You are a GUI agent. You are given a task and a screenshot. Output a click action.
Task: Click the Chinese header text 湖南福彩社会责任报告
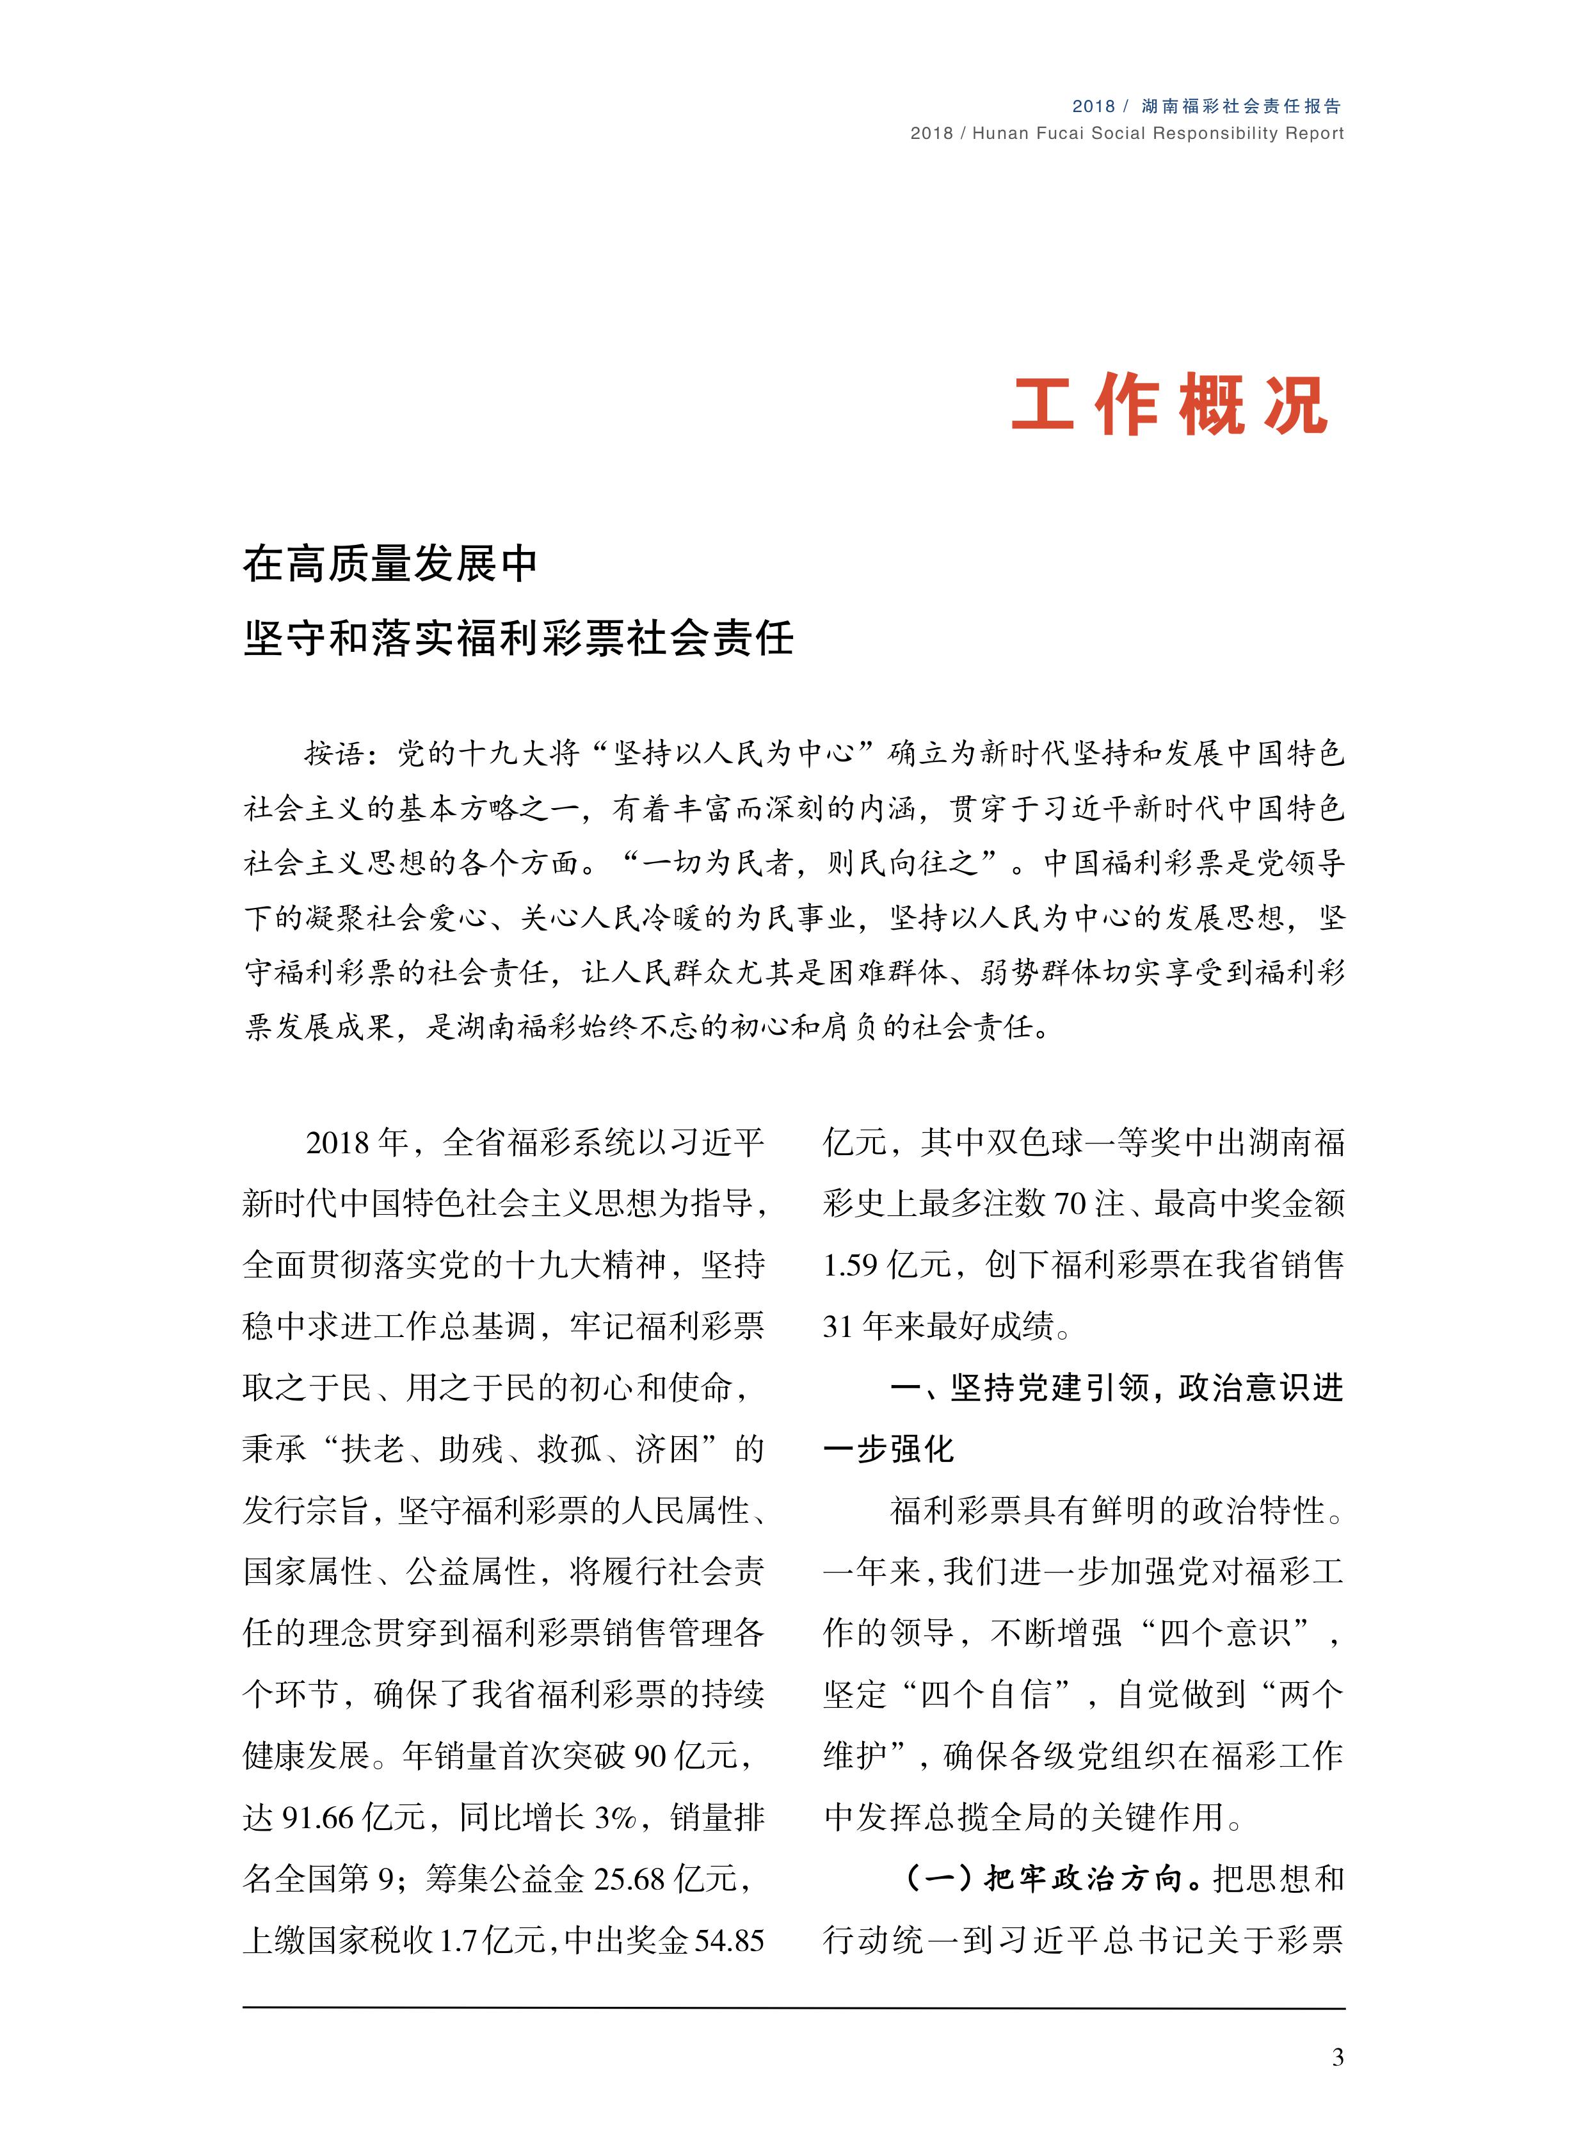pyautogui.click(x=1241, y=106)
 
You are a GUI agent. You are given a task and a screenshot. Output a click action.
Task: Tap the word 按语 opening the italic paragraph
pyautogui.click(x=335, y=754)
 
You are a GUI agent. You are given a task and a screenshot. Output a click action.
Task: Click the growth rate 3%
pyautogui.click(x=616, y=1817)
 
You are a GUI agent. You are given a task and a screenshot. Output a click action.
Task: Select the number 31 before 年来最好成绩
pyautogui.click(x=838, y=1326)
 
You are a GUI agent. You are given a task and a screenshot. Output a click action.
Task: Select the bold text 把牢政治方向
pyautogui.click(x=1082, y=1878)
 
